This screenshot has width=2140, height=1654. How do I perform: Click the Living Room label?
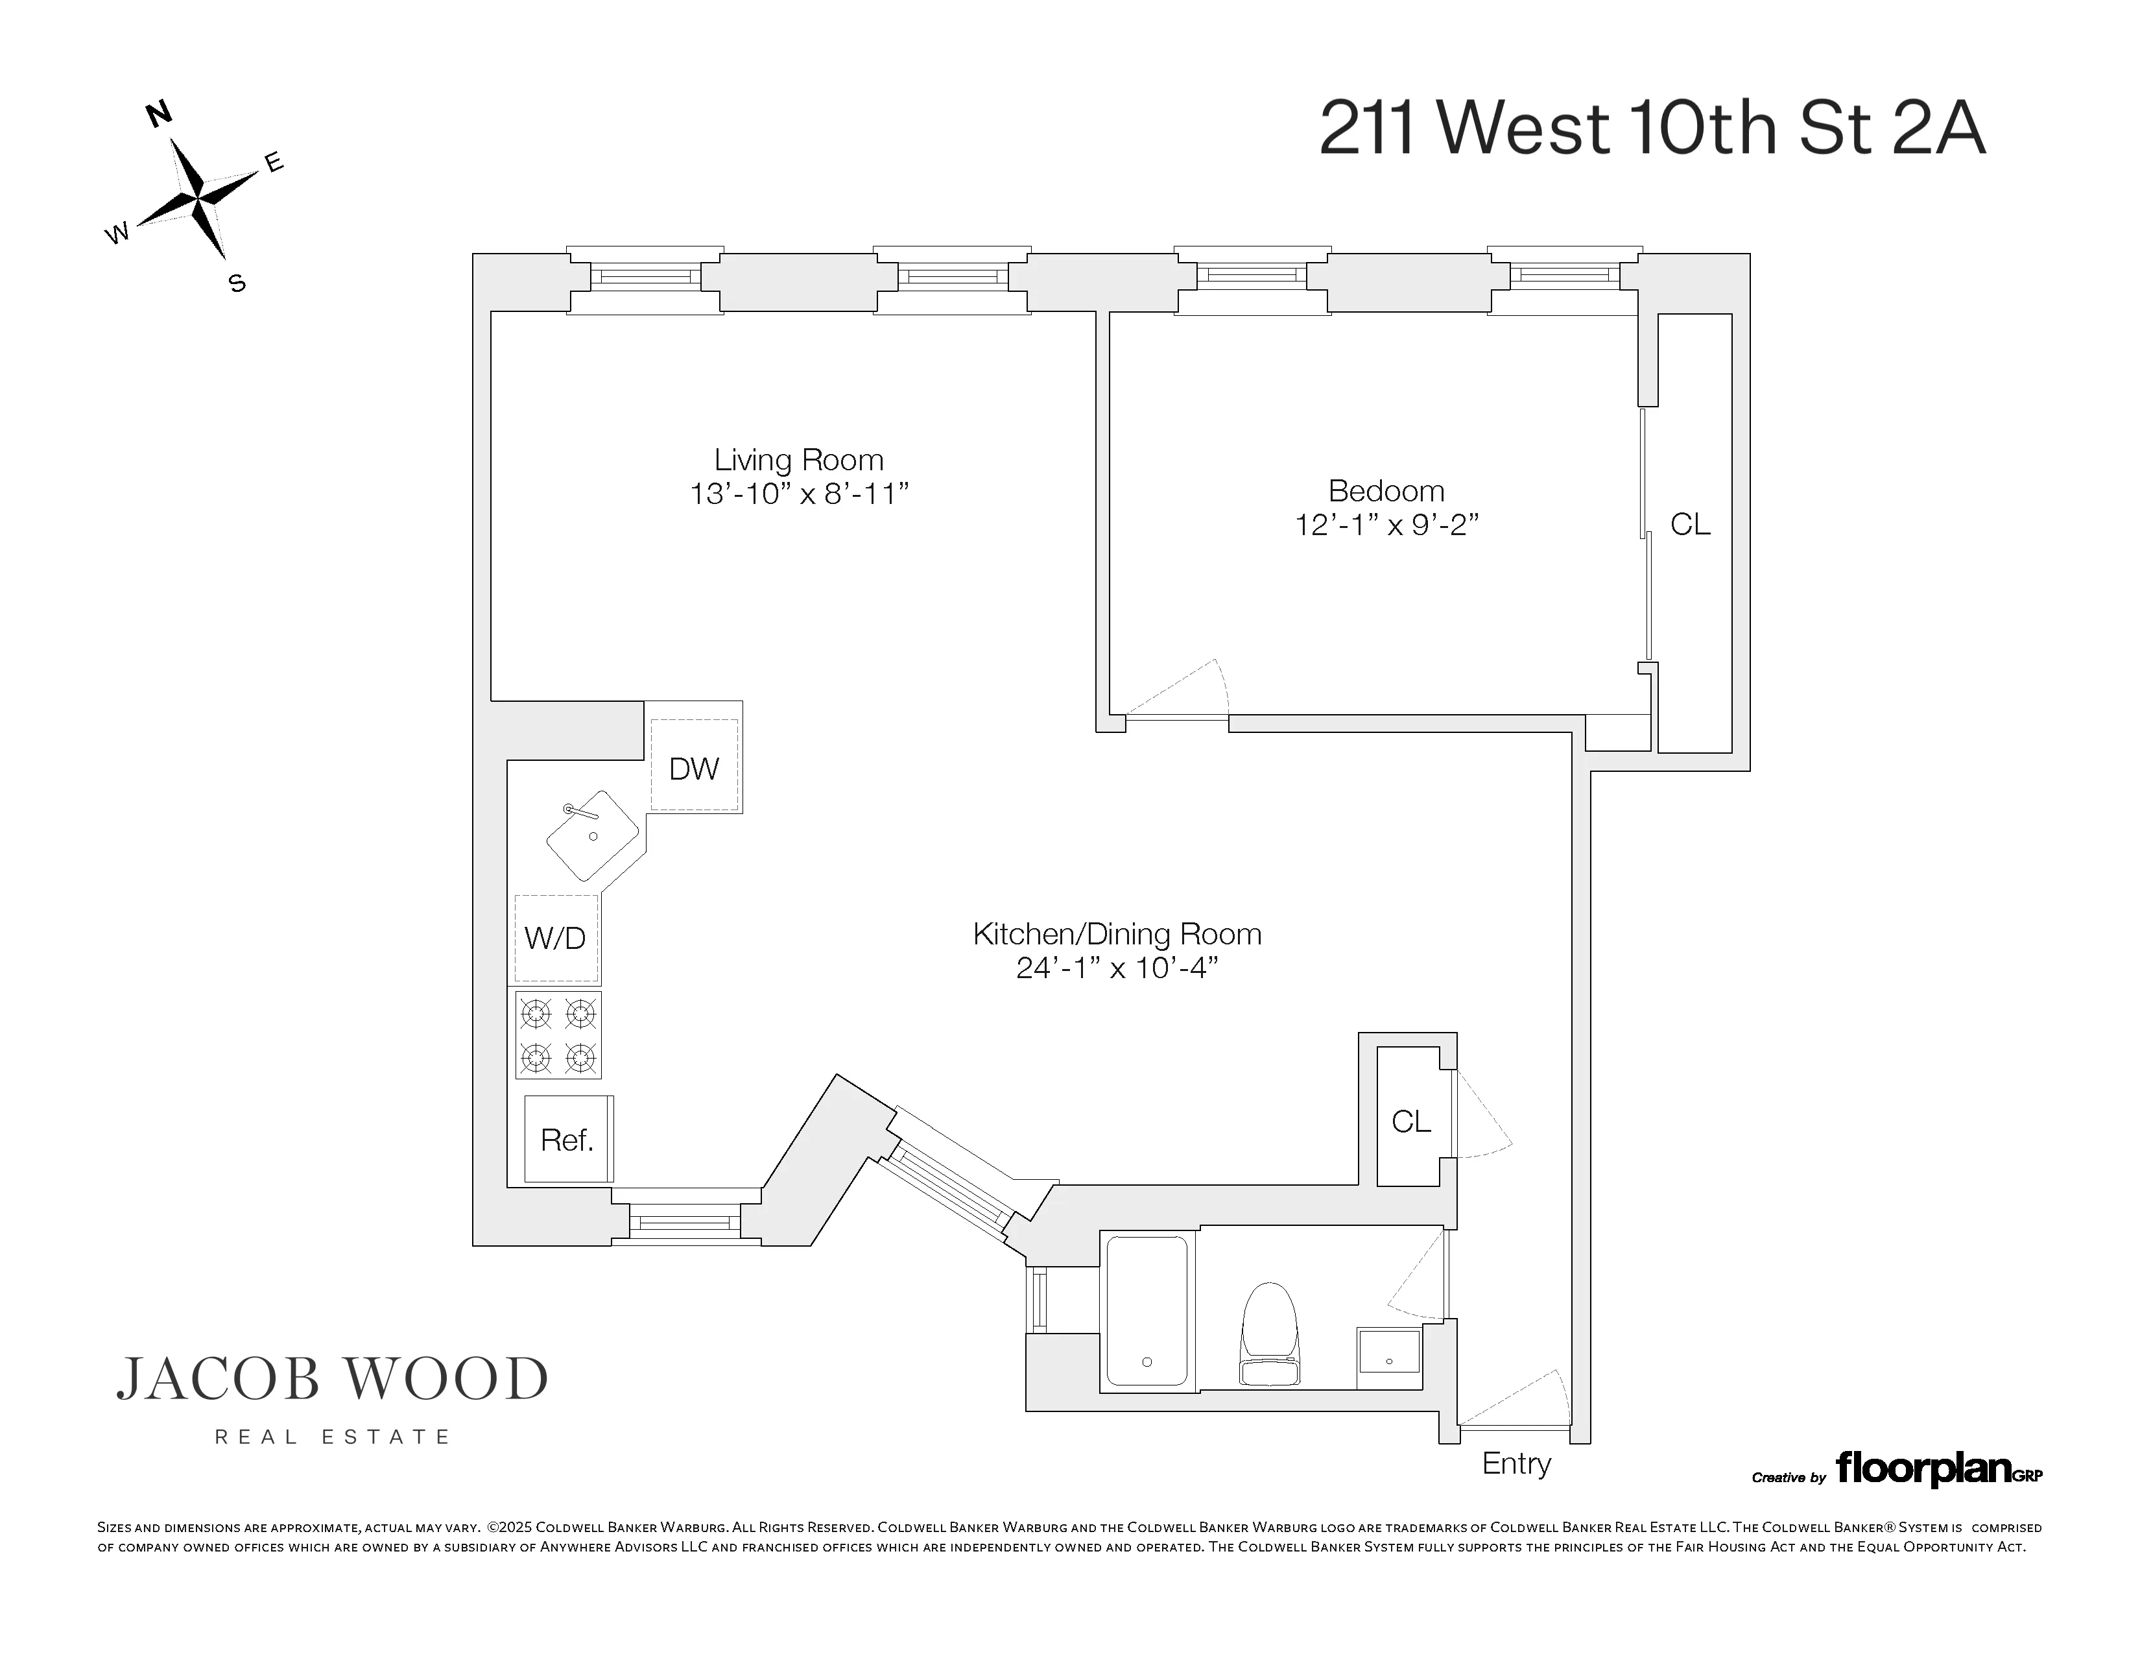coord(798,460)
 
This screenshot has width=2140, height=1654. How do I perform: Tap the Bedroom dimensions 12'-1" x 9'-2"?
coord(1386,525)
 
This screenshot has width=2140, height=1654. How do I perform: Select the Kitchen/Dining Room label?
coord(1117,934)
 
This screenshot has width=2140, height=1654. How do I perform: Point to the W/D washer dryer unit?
coord(556,938)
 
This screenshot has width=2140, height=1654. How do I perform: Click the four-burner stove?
coord(558,1035)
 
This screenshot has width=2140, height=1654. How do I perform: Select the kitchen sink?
coord(593,835)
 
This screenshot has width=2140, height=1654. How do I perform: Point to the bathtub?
coord(1147,1311)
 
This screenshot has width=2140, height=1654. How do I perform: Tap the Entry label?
coord(1516,1464)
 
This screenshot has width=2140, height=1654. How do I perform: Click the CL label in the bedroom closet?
coord(1690,524)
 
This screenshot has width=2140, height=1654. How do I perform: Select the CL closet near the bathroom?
coord(1411,1121)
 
